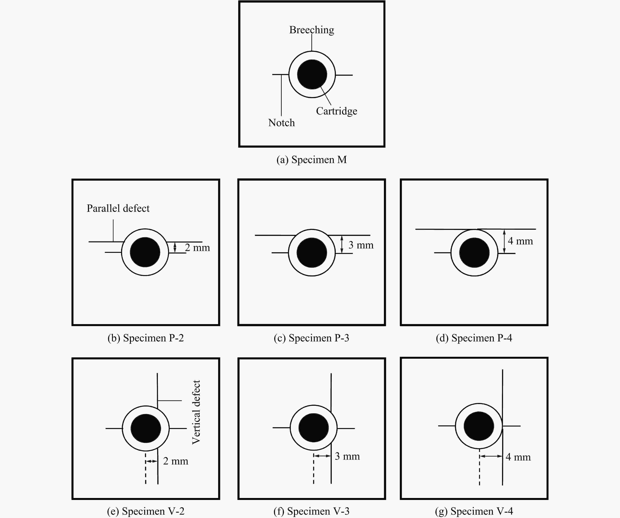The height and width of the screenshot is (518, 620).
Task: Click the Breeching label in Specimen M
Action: pos(311,30)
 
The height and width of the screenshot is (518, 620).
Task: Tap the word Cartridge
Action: pos(336,111)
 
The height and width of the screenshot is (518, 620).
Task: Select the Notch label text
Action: pos(281,123)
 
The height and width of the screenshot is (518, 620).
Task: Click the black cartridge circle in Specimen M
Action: pos(312,74)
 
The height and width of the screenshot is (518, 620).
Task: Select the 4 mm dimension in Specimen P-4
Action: pos(520,241)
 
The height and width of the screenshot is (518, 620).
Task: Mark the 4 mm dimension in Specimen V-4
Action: pos(518,457)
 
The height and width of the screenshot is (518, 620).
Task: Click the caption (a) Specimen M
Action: pos(311,159)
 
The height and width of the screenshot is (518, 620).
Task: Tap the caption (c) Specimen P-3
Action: pos(311,338)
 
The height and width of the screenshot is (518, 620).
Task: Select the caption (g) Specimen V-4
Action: pos(474,511)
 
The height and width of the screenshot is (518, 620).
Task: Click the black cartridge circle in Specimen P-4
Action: pos(474,253)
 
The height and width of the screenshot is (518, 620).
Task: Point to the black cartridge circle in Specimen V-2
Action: pos(146,428)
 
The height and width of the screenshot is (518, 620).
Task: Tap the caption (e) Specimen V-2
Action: pos(146,511)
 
